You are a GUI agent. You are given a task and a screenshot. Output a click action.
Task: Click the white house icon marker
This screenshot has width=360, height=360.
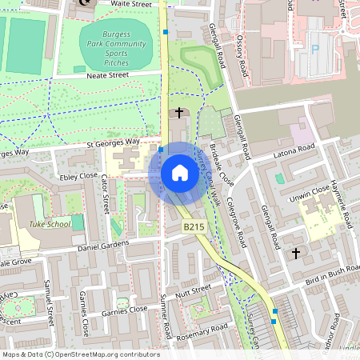[180, 173]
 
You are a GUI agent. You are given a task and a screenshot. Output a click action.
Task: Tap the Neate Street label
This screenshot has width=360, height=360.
[107, 75]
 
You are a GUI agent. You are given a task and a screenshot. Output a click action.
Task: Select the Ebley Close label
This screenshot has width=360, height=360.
[78, 175]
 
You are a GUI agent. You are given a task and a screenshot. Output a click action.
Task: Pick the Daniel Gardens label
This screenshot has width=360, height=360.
[103, 248]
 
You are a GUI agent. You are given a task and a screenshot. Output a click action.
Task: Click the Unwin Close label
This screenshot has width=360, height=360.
[310, 191]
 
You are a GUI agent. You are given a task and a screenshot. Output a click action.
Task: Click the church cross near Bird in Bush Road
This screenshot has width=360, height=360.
[296, 254]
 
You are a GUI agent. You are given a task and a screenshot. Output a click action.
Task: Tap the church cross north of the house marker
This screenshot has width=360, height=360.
[179, 114]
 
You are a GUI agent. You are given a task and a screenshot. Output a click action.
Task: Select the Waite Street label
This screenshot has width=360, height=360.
[131, 5]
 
